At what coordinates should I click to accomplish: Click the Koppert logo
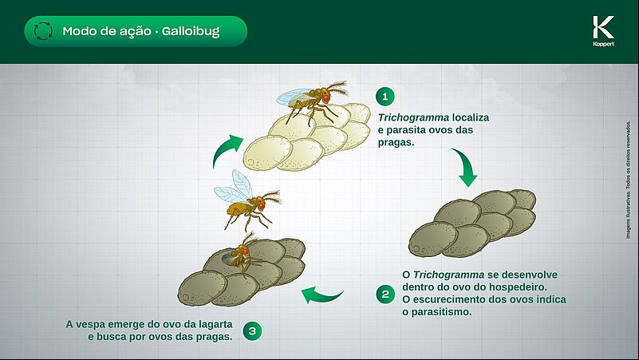pos(604,31)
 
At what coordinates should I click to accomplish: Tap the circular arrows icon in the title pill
pos(43,31)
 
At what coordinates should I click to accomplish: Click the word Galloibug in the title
pos(191,31)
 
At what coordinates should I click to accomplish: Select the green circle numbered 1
pos(385,97)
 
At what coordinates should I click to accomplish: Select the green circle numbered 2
pos(385,294)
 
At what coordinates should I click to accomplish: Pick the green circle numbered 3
pos(252,330)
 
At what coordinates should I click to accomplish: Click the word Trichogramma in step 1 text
pos(414,117)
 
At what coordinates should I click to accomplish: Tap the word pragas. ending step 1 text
pos(396,143)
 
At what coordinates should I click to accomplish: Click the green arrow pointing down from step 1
pos(467,167)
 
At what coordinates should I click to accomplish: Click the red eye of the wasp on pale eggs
pos(325,98)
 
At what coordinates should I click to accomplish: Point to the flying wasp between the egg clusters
pos(247,201)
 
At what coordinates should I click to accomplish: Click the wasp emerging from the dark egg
pos(242,254)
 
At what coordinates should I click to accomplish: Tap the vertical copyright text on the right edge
pos(628,180)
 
